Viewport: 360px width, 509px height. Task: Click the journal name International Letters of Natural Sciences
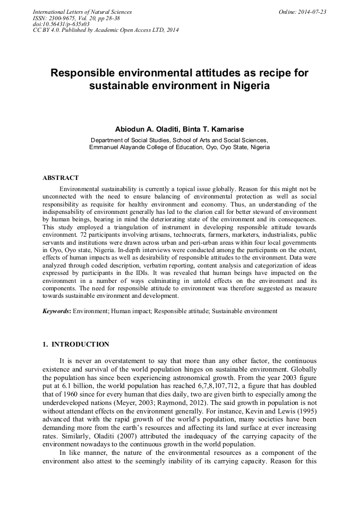pyautogui.click(x=82, y=12)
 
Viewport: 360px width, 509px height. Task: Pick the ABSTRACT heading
pyautogui.click(x=61, y=178)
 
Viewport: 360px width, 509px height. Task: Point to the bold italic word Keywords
pyautogui.click(x=56, y=310)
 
